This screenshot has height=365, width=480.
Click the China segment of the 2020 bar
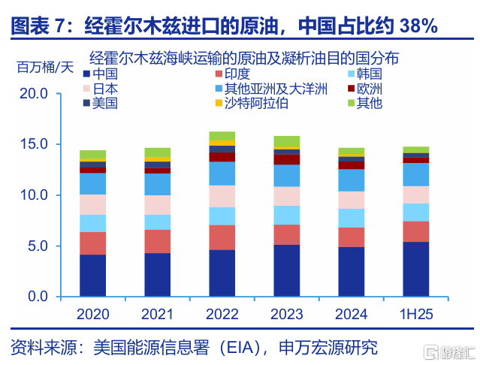[92, 276]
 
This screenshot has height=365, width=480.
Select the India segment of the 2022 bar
[222, 237]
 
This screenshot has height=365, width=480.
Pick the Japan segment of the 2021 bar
[157, 205]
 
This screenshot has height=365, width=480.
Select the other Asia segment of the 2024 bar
[351, 180]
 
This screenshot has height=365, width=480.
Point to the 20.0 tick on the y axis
[34, 94]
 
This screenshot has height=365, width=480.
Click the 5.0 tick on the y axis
[38, 246]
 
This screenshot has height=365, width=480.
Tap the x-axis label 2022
[222, 314]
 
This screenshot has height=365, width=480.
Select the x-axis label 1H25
[415, 314]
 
